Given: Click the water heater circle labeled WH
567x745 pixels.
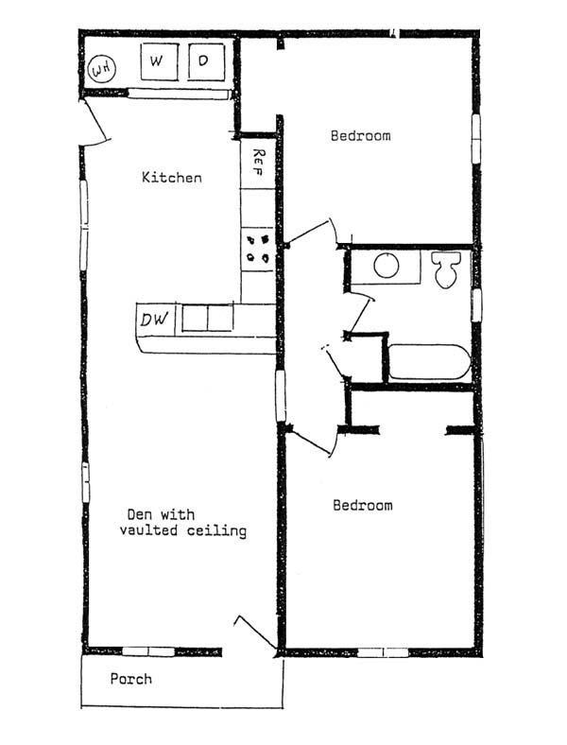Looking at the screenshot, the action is (102, 70).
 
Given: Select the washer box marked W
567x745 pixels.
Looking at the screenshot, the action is (160, 61).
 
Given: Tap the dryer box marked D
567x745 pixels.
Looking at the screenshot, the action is (206, 61).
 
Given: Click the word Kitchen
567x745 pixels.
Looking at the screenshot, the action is (172, 178).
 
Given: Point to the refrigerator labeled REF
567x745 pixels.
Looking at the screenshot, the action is (258, 164).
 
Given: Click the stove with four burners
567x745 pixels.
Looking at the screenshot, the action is (258, 250).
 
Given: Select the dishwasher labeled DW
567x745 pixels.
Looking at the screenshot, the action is (156, 320).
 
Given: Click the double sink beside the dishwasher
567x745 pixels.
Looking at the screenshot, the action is (208, 318).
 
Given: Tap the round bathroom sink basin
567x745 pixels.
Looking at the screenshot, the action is (387, 266).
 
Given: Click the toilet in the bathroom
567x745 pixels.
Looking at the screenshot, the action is (446, 269).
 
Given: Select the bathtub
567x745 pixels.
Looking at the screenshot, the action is (430, 362).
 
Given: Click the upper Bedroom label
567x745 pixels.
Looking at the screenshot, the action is (361, 136).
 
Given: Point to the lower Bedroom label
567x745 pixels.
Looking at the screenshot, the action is (363, 505).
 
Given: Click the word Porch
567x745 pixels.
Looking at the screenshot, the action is (131, 679).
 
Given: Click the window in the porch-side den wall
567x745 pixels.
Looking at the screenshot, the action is (148, 651).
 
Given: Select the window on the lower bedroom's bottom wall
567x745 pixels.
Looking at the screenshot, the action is (383, 652).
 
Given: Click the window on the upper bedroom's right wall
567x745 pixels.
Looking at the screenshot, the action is (476, 139).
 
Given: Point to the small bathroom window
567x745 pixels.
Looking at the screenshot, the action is (476, 305).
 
